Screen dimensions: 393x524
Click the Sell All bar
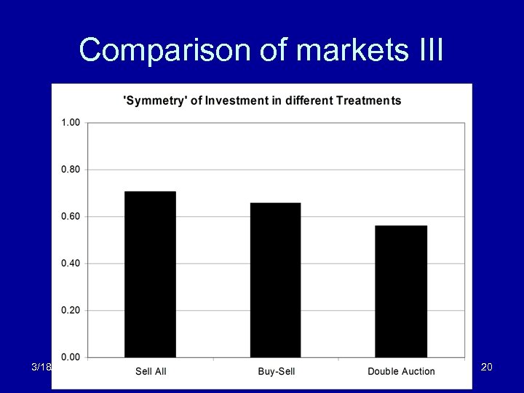tap(150, 274)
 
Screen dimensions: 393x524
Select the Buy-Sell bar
tap(275, 280)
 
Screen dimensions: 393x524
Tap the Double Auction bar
tap(401, 291)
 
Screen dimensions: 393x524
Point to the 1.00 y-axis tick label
tap(70, 122)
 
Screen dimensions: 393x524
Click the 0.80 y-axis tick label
tap(70, 170)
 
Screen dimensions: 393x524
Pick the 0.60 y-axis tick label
tap(70, 216)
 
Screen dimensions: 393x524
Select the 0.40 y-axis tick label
tap(70, 263)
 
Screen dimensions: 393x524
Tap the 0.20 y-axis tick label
tap(70, 311)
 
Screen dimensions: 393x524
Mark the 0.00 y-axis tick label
tap(70, 357)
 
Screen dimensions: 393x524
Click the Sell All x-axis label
tap(151, 372)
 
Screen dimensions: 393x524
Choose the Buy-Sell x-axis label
tap(276, 372)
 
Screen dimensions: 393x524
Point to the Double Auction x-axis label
tap(401, 372)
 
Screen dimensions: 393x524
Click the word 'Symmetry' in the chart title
tap(154, 100)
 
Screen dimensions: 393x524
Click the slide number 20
tap(487, 368)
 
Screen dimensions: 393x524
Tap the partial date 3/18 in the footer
tap(41, 368)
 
